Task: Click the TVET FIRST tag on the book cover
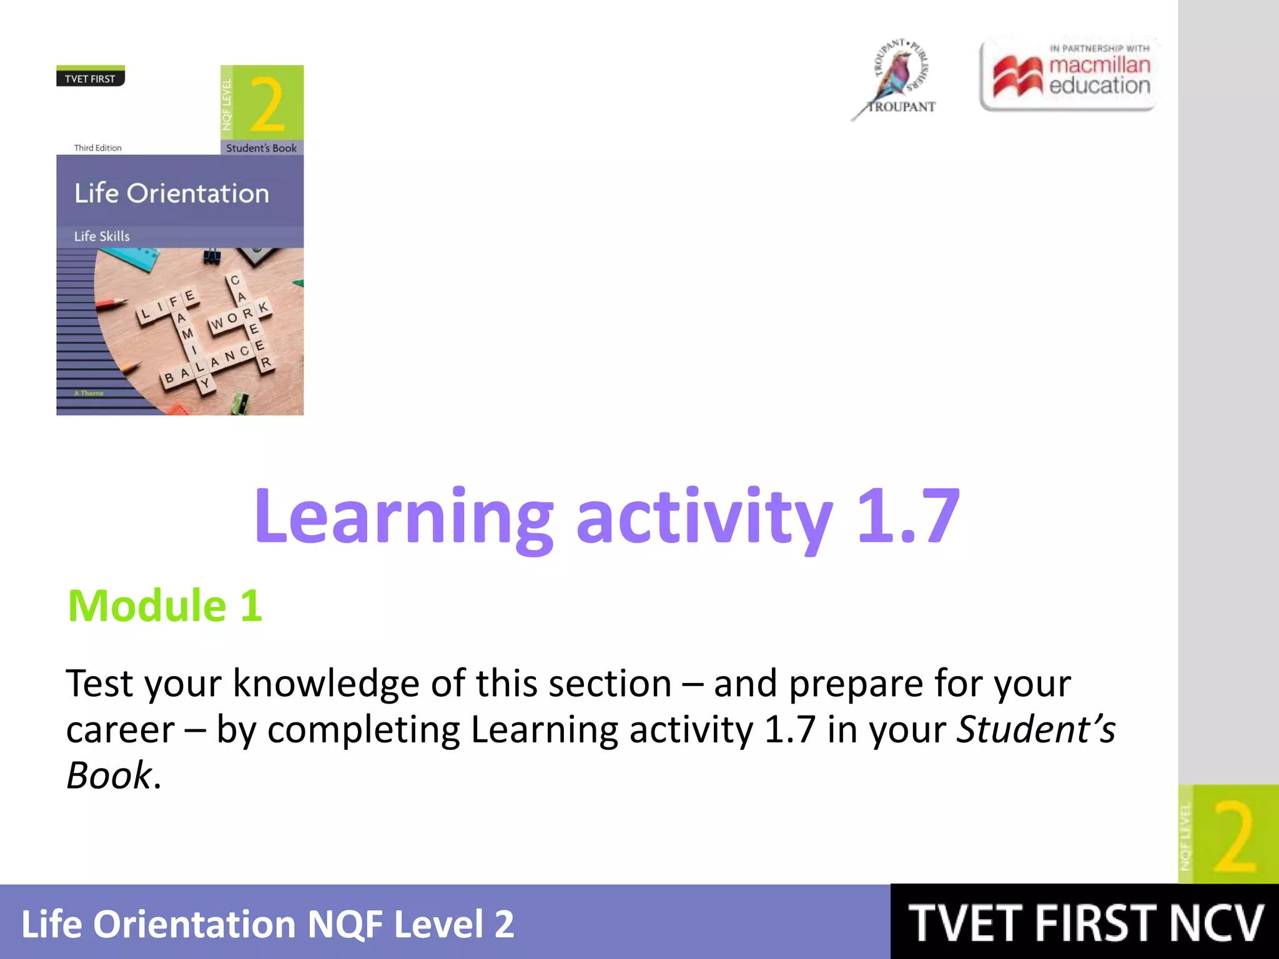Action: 90,79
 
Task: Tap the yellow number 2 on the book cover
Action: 267,104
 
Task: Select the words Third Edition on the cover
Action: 98,148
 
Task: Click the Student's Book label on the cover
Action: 261,148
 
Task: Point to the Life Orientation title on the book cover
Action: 172,194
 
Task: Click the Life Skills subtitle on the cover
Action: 102,236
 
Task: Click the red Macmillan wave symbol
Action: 1017,77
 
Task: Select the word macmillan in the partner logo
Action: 1099,64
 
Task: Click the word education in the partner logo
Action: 1099,86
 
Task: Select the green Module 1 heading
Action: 165,606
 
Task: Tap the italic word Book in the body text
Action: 109,775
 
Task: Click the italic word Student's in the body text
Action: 1035,729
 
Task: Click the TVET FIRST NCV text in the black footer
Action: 1085,923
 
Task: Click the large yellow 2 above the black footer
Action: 1234,837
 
